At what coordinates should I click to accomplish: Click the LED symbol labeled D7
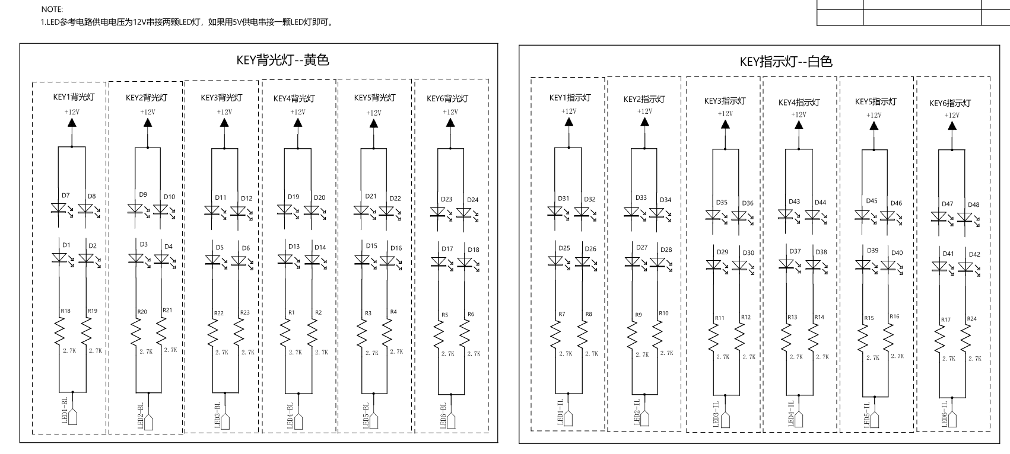tap(59, 209)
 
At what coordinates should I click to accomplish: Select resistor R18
tap(59, 331)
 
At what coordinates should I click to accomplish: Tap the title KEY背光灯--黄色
tap(282, 60)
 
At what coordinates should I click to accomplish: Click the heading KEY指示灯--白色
tap(786, 62)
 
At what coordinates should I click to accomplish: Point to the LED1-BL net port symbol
tap(72, 417)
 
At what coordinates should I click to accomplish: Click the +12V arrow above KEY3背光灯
tap(224, 123)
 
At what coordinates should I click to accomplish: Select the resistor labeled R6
tap(465, 334)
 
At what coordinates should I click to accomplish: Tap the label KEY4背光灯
tap(294, 98)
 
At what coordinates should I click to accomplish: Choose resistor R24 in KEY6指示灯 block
tap(965, 338)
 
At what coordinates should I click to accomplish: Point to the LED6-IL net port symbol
tap(952, 419)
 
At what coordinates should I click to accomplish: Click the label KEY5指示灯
tap(876, 102)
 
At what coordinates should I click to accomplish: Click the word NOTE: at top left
tap(52, 9)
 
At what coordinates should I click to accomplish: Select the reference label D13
tap(294, 247)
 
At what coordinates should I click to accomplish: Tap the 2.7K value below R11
tap(723, 357)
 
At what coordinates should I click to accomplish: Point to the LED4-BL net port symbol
tap(298, 421)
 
